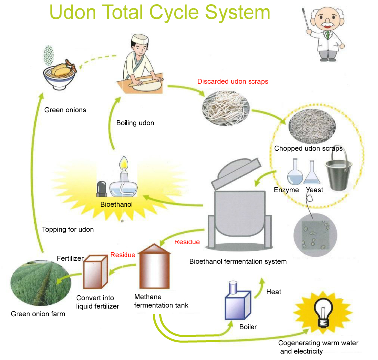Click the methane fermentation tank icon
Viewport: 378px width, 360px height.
pos(154,269)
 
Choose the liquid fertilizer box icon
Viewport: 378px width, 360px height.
pos(95,272)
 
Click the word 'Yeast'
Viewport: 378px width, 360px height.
pos(314,190)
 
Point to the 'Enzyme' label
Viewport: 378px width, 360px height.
pos(286,190)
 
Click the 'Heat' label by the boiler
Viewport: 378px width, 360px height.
pos(274,292)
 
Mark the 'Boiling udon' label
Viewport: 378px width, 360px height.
pos(135,123)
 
